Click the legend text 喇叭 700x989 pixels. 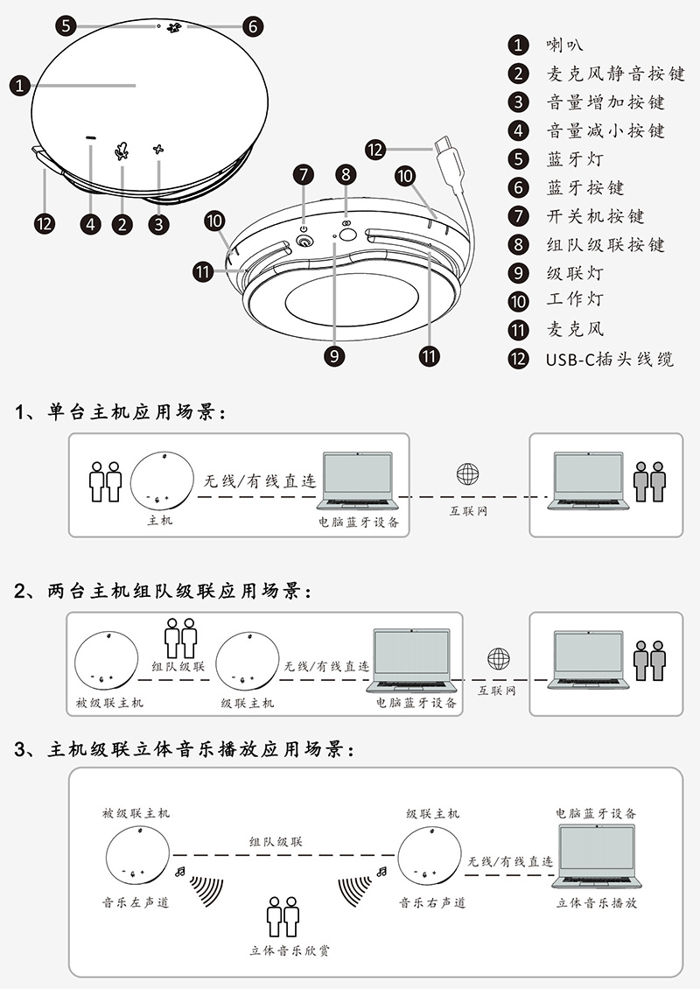point(565,45)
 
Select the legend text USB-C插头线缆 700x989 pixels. point(610,359)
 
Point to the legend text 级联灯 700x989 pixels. point(575,273)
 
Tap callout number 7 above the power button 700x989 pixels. point(304,174)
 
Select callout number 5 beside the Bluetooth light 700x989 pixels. point(68,25)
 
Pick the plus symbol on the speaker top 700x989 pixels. point(158,150)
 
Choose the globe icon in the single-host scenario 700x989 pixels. point(468,474)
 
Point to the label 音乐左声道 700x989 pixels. point(136,901)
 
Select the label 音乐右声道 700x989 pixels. point(432,901)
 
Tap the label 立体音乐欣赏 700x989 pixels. point(290,950)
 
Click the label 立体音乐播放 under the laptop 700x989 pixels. point(597,901)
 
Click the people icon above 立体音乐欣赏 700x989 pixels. point(283,915)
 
